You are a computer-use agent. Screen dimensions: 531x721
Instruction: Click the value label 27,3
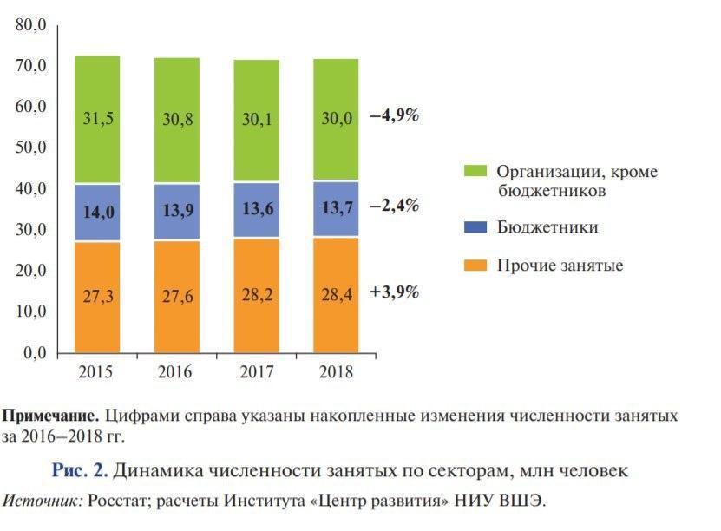[x=97, y=297]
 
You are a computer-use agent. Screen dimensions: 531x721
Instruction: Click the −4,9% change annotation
[x=394, y=115]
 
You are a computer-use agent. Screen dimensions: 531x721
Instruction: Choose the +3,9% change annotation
[x=394, y=292]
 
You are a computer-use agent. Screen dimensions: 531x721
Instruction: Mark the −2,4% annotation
[x=394, y=206]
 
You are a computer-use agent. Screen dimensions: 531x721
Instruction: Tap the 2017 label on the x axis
[x=255, y=372]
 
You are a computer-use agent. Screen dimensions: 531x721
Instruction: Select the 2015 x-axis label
[x=97, y=372]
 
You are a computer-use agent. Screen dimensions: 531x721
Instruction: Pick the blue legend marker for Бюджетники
[x=474, y=227]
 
